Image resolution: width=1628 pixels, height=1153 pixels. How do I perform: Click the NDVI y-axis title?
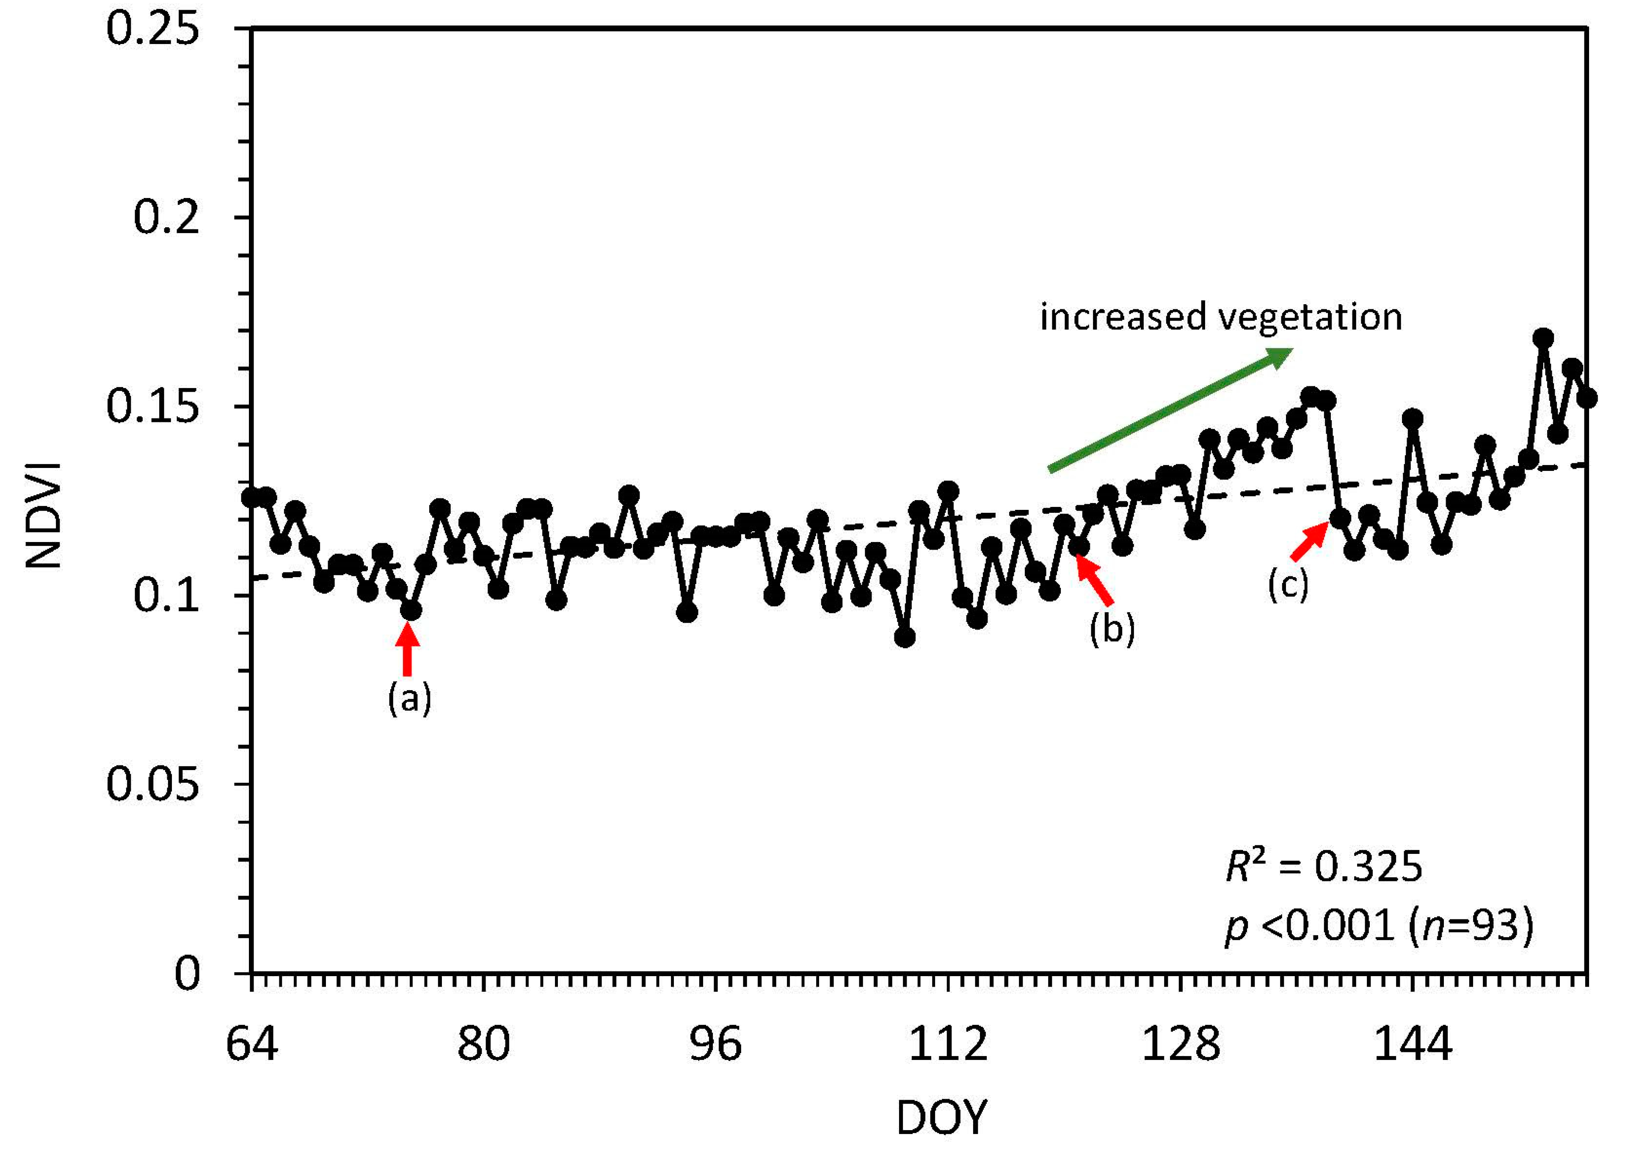(x=44, y=515)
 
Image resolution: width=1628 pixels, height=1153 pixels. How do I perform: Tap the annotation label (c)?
(x=1288, y=585)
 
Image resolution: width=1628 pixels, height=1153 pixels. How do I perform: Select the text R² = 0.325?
(x=1324, y=866)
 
